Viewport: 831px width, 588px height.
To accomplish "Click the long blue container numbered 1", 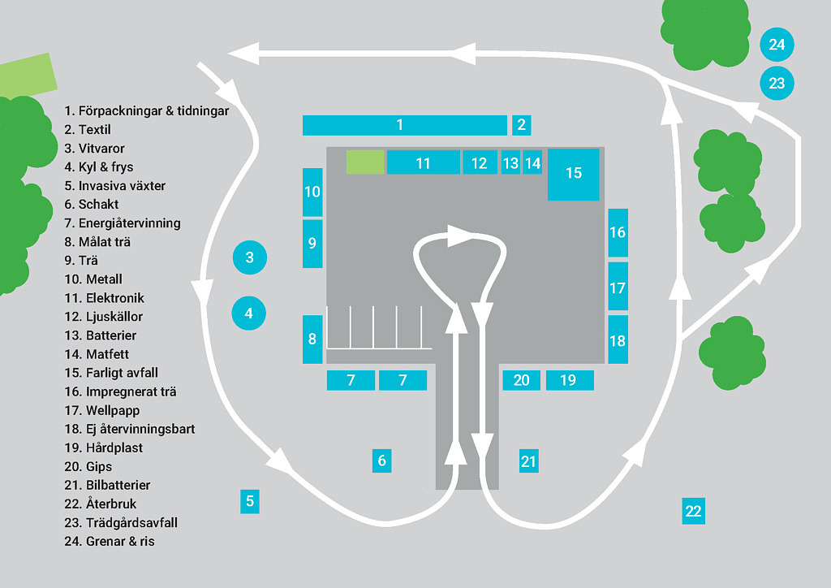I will click(404, 125).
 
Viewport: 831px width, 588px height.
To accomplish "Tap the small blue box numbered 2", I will click(522, 125).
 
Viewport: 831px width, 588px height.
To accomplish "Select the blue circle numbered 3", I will click(250, 258).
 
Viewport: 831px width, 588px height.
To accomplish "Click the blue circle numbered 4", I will click(249, 313).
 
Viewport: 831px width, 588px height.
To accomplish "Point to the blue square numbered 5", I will click(250, 501).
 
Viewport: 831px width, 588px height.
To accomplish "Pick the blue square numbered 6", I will click(382, 460).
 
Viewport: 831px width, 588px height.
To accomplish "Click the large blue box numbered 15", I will click(574, 174).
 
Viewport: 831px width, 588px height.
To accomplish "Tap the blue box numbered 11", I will click(423, 162).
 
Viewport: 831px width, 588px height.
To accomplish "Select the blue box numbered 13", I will click(510, 162).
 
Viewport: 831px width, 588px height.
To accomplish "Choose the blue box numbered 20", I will click(521, 380).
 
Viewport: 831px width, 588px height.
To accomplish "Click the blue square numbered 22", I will click(692, 511).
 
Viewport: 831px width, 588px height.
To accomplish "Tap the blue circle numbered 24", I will click(777, 45).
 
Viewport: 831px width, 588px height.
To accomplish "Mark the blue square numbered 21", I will click(528, 461).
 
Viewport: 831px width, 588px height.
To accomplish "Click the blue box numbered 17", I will click(618, 287).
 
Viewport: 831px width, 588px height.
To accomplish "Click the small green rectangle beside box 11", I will click(365, 162).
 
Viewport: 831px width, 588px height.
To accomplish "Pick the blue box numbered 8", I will click(312, 339).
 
